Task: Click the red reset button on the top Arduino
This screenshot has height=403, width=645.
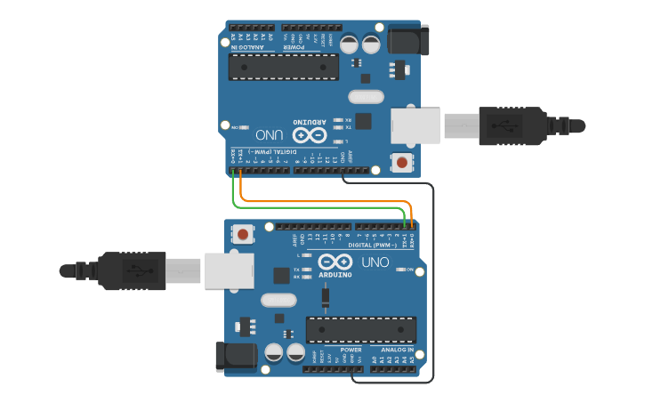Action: pyautogui.click(x=402, y=163)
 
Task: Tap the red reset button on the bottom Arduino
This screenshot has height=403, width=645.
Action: pyautogui.click(x=242, y=235)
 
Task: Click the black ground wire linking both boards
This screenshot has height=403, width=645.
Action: pyautogui.click(x=433, y=285)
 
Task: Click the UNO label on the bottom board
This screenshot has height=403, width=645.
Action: pyautogui.click(x=375, y=263)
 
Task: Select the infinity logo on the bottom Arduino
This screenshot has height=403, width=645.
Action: pyautogui.click(x=335, y=263)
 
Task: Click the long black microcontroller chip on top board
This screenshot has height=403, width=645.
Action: pyautogui.click(x=284, y=67)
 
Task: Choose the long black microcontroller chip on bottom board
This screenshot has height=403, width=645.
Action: pyautogui.click(x=360, y=329)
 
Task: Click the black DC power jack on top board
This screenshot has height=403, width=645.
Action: pyautogui.click(x=410, y=41)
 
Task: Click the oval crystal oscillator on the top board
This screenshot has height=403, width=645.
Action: pyautogui.click(x=366, y=97)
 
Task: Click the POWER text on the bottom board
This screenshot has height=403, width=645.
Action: pyautogui.click(x=351, y=351)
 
